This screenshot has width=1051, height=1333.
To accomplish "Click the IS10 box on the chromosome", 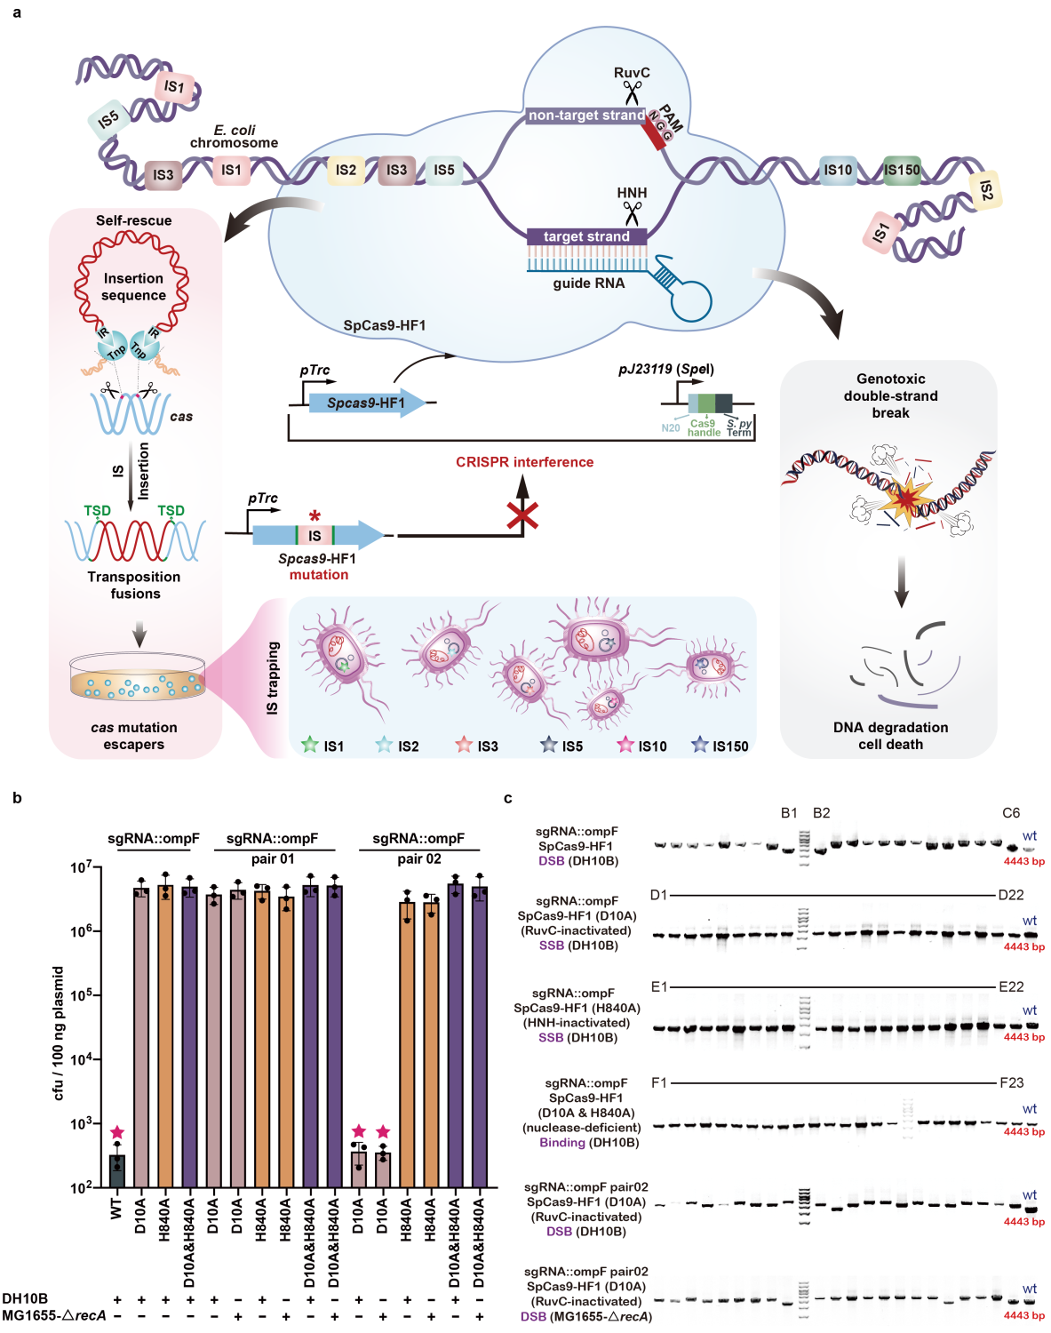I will click(x=837, y=170).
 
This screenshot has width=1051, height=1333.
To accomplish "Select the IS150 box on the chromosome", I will click(x=901, y=170).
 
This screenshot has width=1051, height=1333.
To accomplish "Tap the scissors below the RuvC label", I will click(x=632, y=92).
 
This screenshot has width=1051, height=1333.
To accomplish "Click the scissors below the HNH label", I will click(x=632, y=213).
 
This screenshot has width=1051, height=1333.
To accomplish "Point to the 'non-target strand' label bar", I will click(x=586, y=116).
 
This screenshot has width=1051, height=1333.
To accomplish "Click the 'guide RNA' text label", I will click(x=588, y=283).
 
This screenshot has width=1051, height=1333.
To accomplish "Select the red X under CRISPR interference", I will click(x=522, y=515).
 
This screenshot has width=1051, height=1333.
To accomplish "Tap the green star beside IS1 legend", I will click(x=309, y=745).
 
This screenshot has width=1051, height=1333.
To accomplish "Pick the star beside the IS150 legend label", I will click(x=700, y=745).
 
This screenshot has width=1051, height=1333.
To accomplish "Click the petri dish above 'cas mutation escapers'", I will click(x=138, y=679).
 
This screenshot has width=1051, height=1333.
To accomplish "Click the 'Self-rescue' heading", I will click(x=134, y=220).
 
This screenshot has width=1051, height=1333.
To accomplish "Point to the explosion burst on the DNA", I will click(x=904, y=500).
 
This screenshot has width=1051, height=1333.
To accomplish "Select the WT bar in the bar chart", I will click(x=117, y=1170).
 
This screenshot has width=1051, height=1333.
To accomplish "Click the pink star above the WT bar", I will click(x=117, y=1132).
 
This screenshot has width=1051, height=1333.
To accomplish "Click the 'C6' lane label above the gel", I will click(x=1011, y=813).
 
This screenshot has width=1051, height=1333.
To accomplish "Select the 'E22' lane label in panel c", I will click(x=1011, y=986).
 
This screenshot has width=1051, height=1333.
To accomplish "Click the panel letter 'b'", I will click(x=17, y=797).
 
